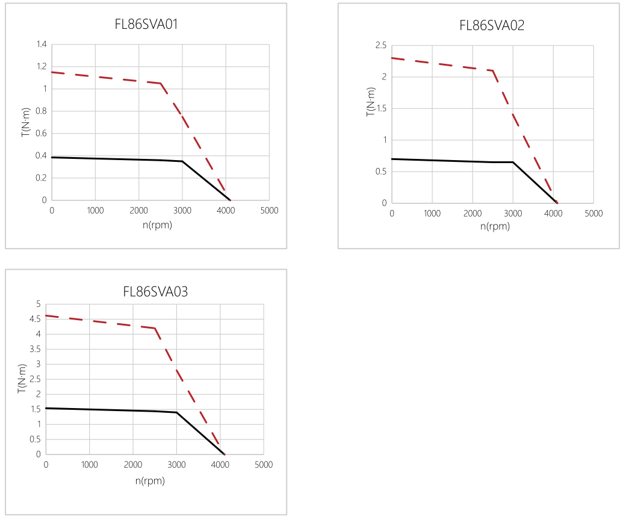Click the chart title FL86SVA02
tap(492, 25)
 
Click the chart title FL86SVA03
tap(155, 292)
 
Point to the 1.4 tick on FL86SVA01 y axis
tap(41, 45)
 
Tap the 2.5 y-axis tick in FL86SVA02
tap(381, 45)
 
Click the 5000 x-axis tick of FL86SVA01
tap(269, 211)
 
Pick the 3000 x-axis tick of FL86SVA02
tap(513, 214)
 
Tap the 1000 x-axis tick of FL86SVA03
tap(89, 465)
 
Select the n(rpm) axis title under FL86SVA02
tap(495, 227)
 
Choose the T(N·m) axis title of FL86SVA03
tap(22, 379)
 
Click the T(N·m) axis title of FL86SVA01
tap(25, 122)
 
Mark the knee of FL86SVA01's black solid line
tap(182, 161)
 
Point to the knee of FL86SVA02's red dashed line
tap(493, 70)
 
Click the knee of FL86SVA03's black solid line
tap(176, 412)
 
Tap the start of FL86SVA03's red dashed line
tap(46, 315)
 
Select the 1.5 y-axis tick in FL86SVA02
tap(381, 108)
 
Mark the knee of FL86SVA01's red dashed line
tap(161, 83)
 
